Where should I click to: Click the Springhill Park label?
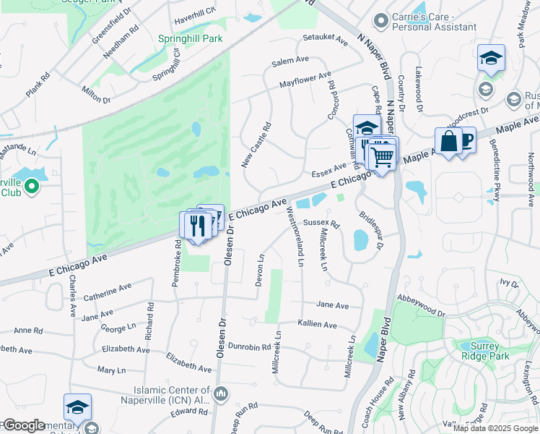click(x=191, y=38)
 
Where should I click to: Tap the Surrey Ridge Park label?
click(x=484, y=351)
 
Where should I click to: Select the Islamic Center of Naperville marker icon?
click(x=222, y=394)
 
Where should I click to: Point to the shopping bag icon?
click(x=448, y=139)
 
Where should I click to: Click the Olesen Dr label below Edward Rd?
click(x=215, y=422)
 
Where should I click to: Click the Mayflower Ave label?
click(x=305, y=79)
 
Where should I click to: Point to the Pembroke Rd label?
click(x=176, y=263)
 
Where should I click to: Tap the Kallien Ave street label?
click(x=318, y=325)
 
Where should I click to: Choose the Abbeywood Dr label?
click(x=421, y=305)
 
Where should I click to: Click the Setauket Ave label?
click(x=325, y=36)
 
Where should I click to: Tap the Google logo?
click(x=23, y=425)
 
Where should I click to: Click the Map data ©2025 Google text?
click(x=496, y=428)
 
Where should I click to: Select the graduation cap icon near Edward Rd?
click(x=77, y=407)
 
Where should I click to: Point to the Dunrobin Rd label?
click(x=249, y=346)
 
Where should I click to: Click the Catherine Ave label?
click(x=107, y=292)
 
